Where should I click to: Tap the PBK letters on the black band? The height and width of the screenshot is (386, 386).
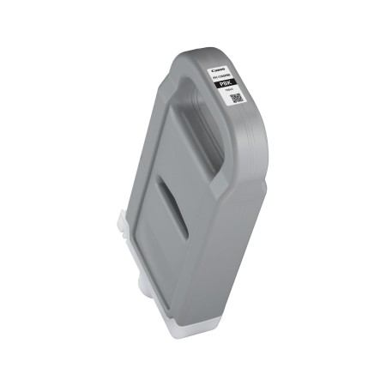pos(229,83)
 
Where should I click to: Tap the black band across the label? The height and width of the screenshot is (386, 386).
pos(229,83)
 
